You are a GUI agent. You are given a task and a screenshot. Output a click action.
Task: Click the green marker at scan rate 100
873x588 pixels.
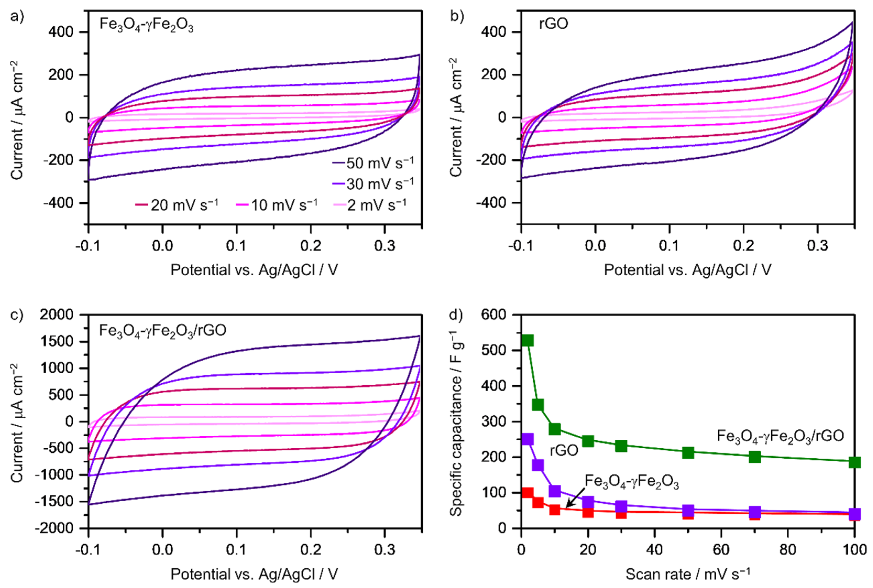click(854, 462)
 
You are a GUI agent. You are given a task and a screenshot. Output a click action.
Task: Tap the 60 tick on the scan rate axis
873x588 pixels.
click(721, 550)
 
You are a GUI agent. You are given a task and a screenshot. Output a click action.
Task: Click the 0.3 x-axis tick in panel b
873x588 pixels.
click(817, 246)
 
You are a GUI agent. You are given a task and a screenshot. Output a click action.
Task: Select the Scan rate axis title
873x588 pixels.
click(688, 574)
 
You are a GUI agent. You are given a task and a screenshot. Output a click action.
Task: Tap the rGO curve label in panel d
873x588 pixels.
click(563, 450)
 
